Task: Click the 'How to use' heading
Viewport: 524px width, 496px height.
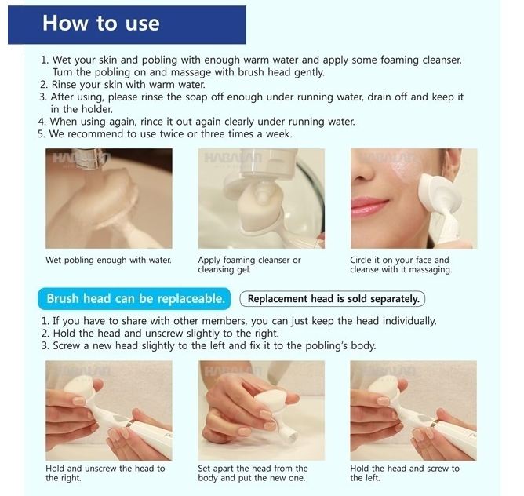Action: click(x=100, y=23)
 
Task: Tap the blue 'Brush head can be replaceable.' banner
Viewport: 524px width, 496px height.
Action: click(x=135, y=298)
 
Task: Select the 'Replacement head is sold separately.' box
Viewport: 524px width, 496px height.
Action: click(x=333, y=299)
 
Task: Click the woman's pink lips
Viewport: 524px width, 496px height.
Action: click(x=369, y=204)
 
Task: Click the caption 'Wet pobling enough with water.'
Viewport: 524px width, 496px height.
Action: click(x=108, y=261)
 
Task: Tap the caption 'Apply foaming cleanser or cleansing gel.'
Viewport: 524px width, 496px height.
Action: click(x=249, y=264)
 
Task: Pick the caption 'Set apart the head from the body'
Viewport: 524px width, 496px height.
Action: click(x=253, y=473)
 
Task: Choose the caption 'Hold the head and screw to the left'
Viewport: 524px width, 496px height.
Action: click(x=405, y=473)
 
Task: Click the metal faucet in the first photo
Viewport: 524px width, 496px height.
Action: click(x=91, y=158)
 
